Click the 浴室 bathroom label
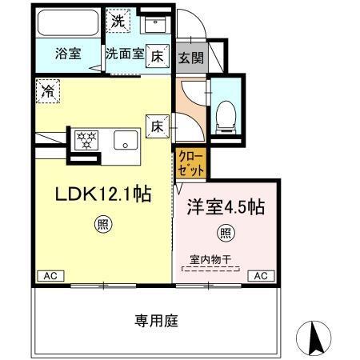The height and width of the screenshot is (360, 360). tap(67, 54)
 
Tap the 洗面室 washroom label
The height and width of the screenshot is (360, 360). tap(124, 54)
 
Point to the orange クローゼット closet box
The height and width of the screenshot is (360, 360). tap(191, 160)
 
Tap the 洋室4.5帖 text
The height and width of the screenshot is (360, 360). tap(226, 206)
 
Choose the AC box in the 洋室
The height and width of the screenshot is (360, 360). tap(261, 276)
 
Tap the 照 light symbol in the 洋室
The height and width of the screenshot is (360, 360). tap(226, 234)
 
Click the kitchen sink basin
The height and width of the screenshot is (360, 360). tap(126, 141)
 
